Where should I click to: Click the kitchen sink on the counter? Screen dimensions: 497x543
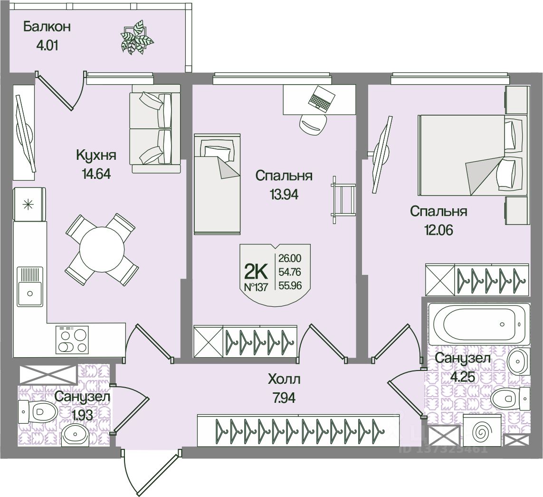pyautogui.click(x=31, y=286)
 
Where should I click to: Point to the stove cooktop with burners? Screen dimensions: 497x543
pyautogui.click(x=72, y=340)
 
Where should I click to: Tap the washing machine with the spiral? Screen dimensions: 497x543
pyautogui.click(x=482, y=432)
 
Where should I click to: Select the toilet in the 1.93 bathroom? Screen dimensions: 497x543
pyautogui.click(x=38, y=411)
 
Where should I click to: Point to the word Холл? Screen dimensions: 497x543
pyautogui.click(x=284, y=380)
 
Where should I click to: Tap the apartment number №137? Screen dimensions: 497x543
pyautogui.click(x=256, y=286)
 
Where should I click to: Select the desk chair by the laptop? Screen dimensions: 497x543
pyautogui.click(x=313, y=124)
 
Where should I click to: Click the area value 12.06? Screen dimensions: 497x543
pyautogui.click(x=438, y=230)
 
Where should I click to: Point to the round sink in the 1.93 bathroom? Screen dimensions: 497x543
pyautogui.click(x=75, y=434)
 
